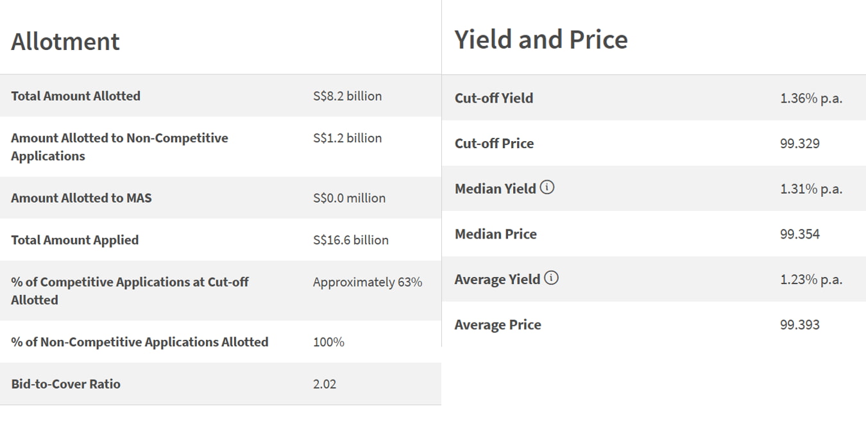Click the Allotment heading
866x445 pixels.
(65, 42)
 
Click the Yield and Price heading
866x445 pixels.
(541, 39)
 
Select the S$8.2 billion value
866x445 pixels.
(347, 96)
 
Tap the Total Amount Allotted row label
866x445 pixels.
(76, 96)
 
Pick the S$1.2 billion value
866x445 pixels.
(347, 138)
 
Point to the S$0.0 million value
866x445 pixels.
(349, 198)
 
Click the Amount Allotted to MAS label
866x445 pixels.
(81, 198)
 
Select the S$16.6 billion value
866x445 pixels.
(350, 240)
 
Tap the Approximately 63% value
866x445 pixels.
(367, 282)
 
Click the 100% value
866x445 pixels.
(328, 342)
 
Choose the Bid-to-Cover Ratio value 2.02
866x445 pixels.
(325, 384)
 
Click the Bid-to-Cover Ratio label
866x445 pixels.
(65, 384)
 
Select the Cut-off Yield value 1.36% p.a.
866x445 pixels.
(811, 98)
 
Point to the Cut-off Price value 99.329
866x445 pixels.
(799, 144)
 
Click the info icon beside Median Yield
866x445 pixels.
(547, 188)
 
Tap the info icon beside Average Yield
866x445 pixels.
(551, 278)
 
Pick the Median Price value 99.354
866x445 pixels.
(799, 234)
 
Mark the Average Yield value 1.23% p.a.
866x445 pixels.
(811, 280)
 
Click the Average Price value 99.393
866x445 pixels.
(799, 325)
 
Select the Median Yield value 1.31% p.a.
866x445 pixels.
(811, 189)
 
